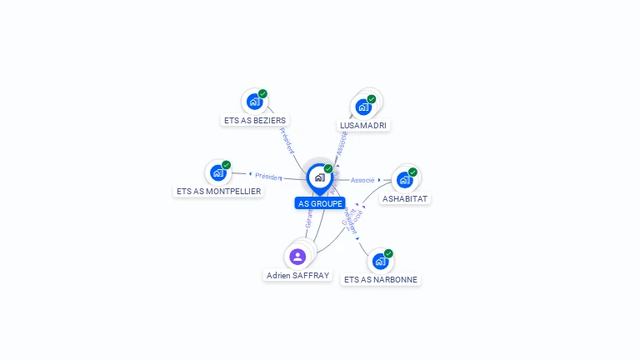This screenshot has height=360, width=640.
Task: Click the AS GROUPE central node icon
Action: (x=319, y=177)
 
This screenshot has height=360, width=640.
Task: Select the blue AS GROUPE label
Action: (x=320, y=203)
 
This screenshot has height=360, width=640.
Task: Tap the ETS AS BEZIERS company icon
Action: (x=254, y=102)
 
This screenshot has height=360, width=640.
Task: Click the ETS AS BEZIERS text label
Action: (x=255, y=121)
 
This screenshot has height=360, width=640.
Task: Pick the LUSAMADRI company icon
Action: (x=363, y=107)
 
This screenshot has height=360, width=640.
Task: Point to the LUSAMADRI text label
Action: (x=363, y=126)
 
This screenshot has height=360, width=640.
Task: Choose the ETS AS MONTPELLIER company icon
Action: (x=218, y=172)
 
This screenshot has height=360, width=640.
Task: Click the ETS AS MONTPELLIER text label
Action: (x=218, y=192)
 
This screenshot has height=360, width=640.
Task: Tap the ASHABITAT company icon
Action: (x=404, y=179)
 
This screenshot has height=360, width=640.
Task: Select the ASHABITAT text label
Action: (x=405, y=199)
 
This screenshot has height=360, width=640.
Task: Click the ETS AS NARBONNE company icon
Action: (x=380, y=261)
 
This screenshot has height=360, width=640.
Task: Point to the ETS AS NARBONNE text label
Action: (x=381, y=280)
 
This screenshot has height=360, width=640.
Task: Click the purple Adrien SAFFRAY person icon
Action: (x=297, y=256)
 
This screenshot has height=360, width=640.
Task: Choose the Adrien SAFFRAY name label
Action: (x=297, y=275)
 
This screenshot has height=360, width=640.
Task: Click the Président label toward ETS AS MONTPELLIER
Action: (x=269, y=177)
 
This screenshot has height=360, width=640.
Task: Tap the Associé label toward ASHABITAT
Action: (x=362, y=180)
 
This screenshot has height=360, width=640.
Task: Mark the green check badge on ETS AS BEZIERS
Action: (x=262, y=94)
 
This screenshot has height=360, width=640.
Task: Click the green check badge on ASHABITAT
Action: (x=412, y=172)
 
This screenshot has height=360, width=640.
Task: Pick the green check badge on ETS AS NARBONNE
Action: (x=388, y=253)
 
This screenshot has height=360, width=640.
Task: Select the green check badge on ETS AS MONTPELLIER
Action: (x=226, y=165)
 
